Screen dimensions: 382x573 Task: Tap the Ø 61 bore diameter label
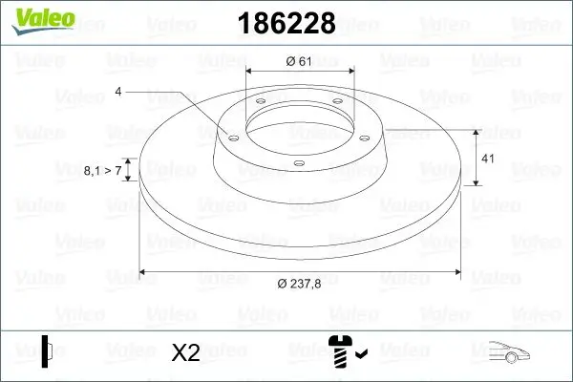tap(300, 62)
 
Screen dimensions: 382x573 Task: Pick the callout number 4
tap(118, 92)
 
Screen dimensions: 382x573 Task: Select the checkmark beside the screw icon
tap(360, 356)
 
